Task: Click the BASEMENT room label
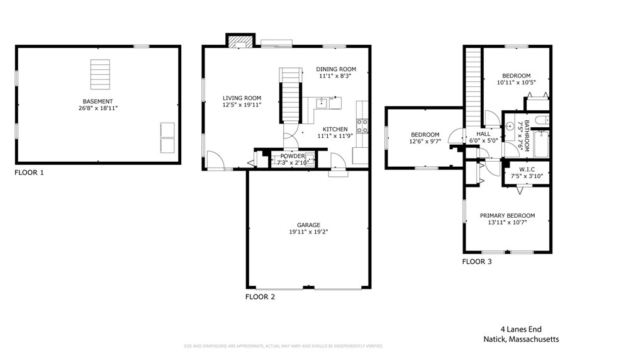(98, 101)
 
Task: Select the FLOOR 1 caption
(29, 172)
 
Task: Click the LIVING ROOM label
(242, 98)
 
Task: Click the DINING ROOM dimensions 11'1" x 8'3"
(336, 76)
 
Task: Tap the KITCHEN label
(335, 128)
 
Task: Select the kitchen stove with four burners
(362, 124)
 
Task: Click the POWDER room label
(293, 156)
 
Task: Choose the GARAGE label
(309, 225)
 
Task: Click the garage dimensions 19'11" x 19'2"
(309, 232)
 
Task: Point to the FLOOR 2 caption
(260, 296)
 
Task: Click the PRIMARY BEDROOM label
(507, 215)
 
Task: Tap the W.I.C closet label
(527, 169)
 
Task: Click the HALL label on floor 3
(483, 133)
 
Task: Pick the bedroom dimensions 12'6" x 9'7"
(425, 142)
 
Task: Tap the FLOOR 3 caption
(477, 262)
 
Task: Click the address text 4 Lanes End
(520, 329)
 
